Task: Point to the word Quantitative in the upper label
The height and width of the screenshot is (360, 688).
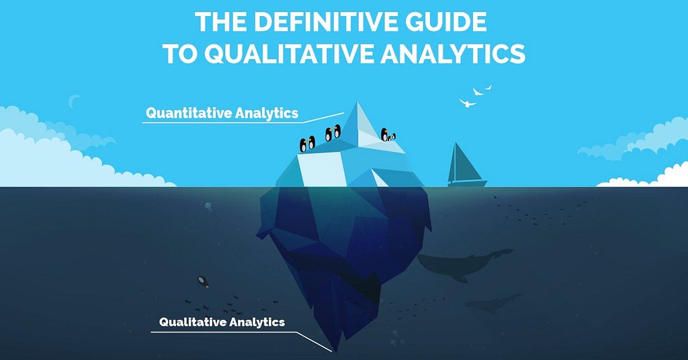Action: click(189, 113)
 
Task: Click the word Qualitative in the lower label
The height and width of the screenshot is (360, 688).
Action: click(191, 322)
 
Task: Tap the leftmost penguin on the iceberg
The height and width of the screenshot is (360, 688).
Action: click(303, 145)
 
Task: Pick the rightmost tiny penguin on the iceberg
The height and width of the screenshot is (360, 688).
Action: click(394, 136)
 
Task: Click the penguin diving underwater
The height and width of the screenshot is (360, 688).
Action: click(203, 281)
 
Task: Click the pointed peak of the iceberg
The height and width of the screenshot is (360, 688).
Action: click(357, 103)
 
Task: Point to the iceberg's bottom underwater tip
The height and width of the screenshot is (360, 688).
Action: click(336, 351)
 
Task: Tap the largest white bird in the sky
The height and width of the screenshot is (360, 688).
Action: click(468, 103)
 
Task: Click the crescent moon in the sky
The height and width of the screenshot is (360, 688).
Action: click(73, 101)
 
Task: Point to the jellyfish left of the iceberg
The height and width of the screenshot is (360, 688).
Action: click(208, 206)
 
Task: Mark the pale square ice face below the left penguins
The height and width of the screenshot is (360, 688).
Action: click(320, 169)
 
